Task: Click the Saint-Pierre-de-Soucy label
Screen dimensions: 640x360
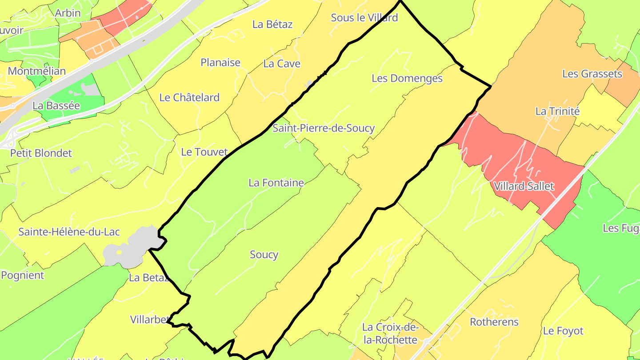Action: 323,128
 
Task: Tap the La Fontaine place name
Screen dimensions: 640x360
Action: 276,183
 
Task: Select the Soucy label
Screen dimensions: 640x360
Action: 264,255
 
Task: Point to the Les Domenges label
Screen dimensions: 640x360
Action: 407,79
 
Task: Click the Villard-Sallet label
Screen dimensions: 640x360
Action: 524,186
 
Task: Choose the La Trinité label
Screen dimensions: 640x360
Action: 557,111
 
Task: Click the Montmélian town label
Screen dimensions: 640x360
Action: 36,71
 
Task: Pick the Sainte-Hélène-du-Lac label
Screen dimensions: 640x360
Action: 69,232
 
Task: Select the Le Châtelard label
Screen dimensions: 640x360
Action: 189,97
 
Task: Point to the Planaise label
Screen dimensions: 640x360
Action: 220,63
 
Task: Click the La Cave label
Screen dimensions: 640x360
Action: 282,64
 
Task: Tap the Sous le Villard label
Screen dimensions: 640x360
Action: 364,18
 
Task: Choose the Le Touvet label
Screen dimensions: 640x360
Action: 204,152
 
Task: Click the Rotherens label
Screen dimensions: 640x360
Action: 494,322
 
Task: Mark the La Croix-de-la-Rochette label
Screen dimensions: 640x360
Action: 389,334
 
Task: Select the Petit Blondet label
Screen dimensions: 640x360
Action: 41,153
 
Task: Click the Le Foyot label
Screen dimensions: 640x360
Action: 563,331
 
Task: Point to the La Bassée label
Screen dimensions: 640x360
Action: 56,106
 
